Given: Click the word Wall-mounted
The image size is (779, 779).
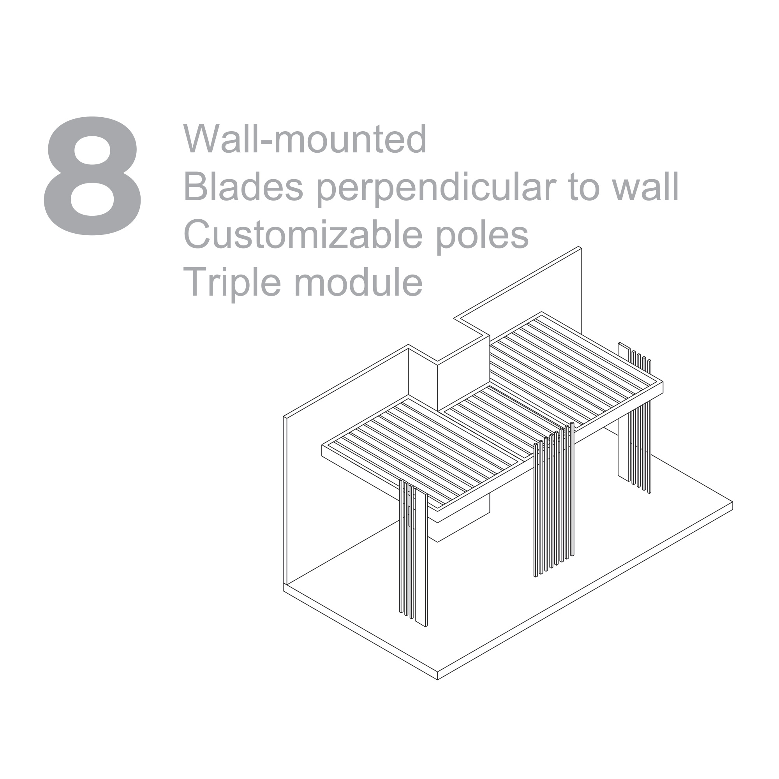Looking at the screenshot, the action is point(305,138).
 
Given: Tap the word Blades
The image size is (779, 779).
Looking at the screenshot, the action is point(243,186).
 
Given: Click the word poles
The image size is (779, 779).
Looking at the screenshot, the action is point(483,237).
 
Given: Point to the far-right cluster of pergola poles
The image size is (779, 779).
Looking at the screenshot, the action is point(634,417).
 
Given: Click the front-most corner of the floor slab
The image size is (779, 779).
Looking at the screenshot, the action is point(437,680).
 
